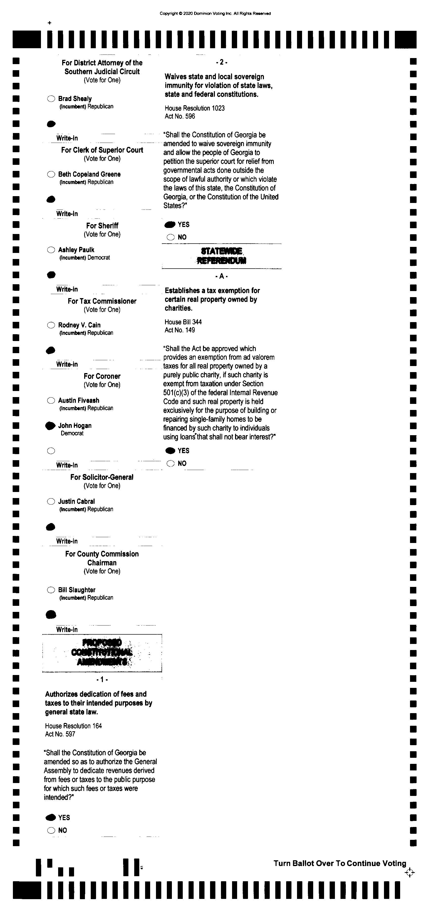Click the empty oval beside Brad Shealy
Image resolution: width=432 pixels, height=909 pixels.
(51, 99)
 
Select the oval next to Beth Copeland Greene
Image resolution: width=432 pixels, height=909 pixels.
(51, 174)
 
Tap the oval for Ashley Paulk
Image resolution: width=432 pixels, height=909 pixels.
(51, 250)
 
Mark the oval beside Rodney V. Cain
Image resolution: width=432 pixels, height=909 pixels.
(51, 325)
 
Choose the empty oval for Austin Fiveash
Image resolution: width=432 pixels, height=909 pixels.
(51, 401)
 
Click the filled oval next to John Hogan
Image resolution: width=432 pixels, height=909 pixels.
(51, 426)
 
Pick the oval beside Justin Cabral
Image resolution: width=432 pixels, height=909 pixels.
(51, 501)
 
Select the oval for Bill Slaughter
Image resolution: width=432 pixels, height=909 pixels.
(51, 590)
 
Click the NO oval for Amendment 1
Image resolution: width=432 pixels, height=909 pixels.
(51, 830)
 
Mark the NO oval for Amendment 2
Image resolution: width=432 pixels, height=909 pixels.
(171, 237)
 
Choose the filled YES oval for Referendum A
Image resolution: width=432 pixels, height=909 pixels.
(170, 451)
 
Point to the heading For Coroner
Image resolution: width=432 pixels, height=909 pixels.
(102, 376)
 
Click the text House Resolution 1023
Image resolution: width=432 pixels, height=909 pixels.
(195, 108)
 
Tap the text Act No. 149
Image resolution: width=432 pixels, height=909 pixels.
(180, 330)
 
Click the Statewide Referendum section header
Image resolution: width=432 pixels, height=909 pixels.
(221, 256)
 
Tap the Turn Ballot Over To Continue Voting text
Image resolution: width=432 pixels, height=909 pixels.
(340, 864)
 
